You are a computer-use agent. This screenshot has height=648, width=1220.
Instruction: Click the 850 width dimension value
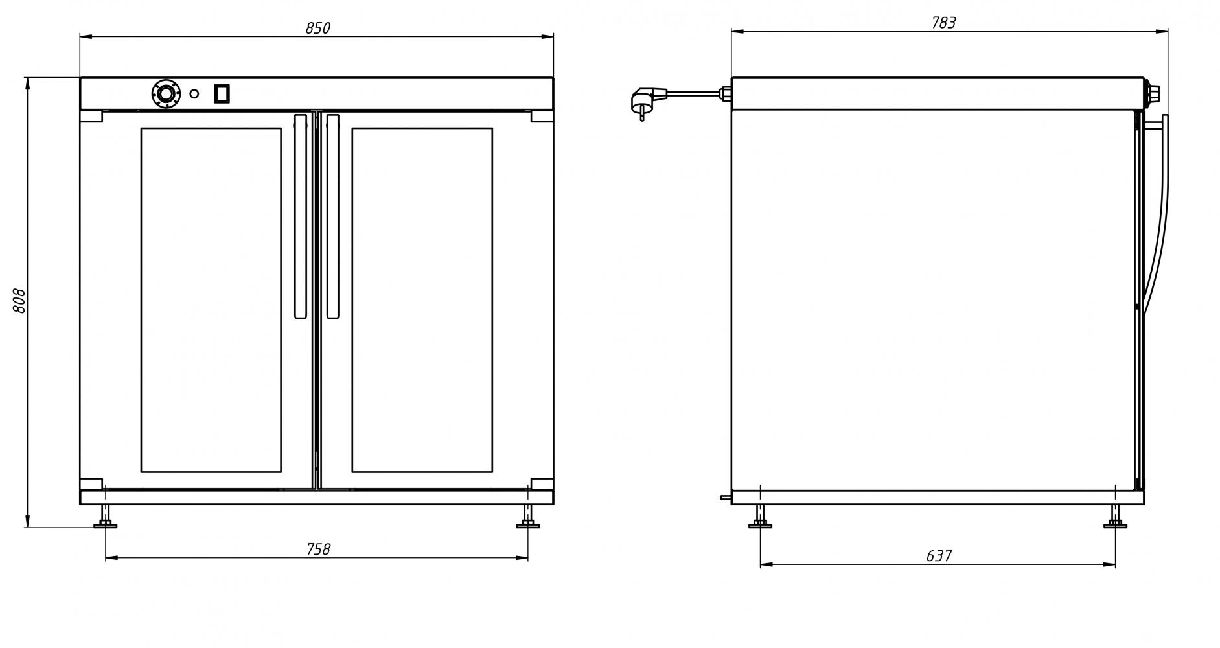click(317, 29)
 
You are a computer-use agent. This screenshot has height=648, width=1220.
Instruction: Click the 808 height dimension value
click(19, 301)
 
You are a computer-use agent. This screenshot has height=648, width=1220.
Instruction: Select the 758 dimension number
click(318, 550)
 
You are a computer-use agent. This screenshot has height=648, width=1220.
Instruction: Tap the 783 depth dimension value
click(943, 23)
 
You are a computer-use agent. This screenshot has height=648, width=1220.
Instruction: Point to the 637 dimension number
click(939, 556)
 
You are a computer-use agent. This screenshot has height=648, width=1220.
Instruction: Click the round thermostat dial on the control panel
click(165, 94)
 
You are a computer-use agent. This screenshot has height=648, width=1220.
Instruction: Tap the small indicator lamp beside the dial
click(194, 94)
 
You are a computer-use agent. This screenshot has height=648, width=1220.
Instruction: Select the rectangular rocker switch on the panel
click(222, 94)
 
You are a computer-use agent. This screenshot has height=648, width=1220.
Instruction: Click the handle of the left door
click(301, 216)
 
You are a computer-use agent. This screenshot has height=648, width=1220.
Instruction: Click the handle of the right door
click(333, 216)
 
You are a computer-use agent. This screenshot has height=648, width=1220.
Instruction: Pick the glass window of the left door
click(211, 299)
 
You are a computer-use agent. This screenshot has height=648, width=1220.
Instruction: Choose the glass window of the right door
click(422, 299)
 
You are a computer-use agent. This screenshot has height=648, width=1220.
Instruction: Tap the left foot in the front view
click(105, 518)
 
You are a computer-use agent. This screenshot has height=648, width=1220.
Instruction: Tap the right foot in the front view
click(528, 518)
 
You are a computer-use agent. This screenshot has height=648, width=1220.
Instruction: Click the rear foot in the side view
click(760, 518)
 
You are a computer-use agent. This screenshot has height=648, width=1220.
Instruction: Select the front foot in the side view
click(1115, 518)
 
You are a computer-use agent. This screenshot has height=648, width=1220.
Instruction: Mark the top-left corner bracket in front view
click(91, 117)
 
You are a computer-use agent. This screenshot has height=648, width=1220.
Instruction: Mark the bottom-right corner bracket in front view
click(542, 483)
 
